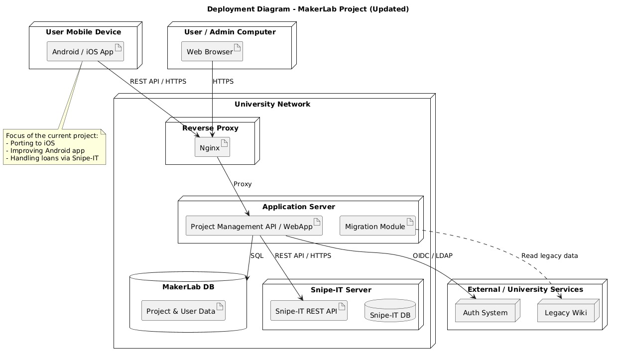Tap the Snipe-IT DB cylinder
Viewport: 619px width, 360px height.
tap(390, 311)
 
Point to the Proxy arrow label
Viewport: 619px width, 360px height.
tap(243, 184)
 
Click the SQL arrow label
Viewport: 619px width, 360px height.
tap(257, 255)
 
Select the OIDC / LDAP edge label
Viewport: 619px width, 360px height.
tap(432, 255)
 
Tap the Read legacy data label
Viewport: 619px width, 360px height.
tap(549, 255)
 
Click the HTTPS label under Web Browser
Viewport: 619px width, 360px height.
tap(223, 81)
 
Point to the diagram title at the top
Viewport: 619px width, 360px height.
tap(308, 9)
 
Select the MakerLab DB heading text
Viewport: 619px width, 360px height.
tap(188, 287)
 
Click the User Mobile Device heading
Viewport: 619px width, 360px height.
tap(83, 32)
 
